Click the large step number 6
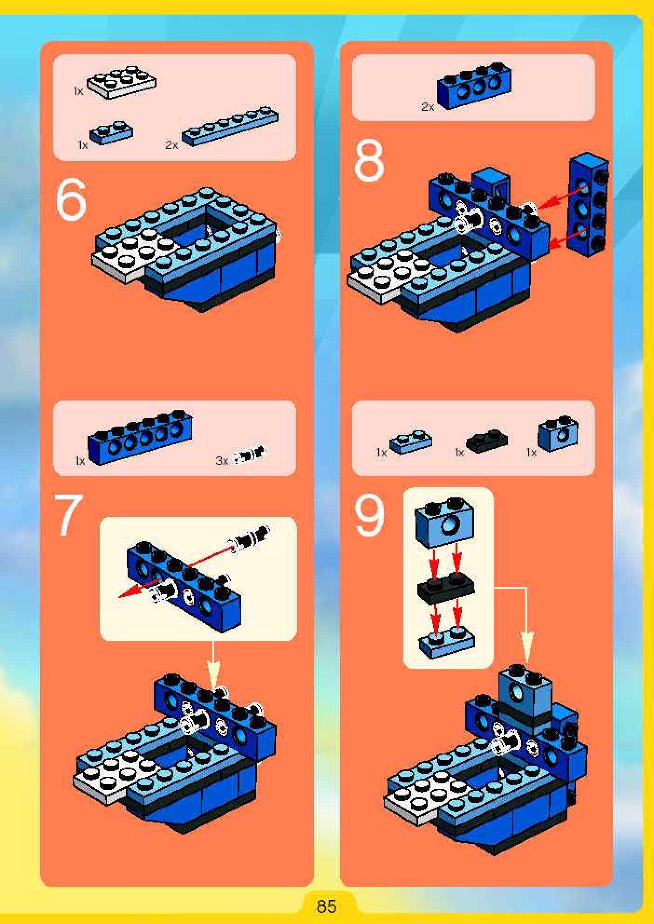click(x=71, y=200)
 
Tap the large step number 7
click(x=69, y=515)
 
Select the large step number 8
click(x=369, y=161)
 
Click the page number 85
click(x=326, y=906)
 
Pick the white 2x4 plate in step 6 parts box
click(x=122, y=82)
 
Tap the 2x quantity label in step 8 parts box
click(x=428, y=107)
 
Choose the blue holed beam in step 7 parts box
click(x=140, y=437)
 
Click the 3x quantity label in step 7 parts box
click(x=222, y=461)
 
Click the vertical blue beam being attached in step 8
click(x=589, y=205)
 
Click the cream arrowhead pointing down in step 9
click(x=527, y=648)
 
